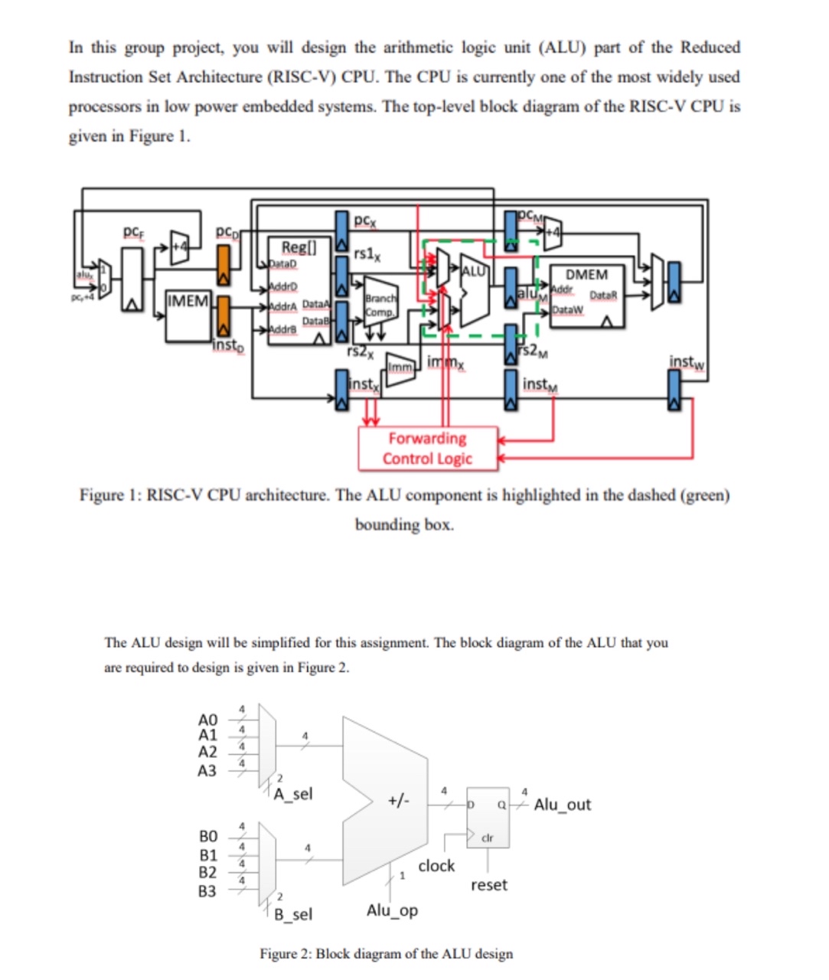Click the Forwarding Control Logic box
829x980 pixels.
pos(427,449)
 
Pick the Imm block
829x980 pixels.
pos(400,368)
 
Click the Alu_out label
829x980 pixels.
pos(563,805)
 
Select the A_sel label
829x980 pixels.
pos(294,794)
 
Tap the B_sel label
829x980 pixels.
pos(294,914)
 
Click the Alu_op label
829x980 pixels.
pos(392,910)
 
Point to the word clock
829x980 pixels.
pos(436,866)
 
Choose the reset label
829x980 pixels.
pos(489,885)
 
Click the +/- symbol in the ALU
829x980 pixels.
pos(399,801)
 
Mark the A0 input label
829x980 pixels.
pos(207,720)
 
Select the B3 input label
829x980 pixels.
pos(207,891)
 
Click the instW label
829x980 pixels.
pos(687,361)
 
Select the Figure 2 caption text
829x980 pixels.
pos(386,954)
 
